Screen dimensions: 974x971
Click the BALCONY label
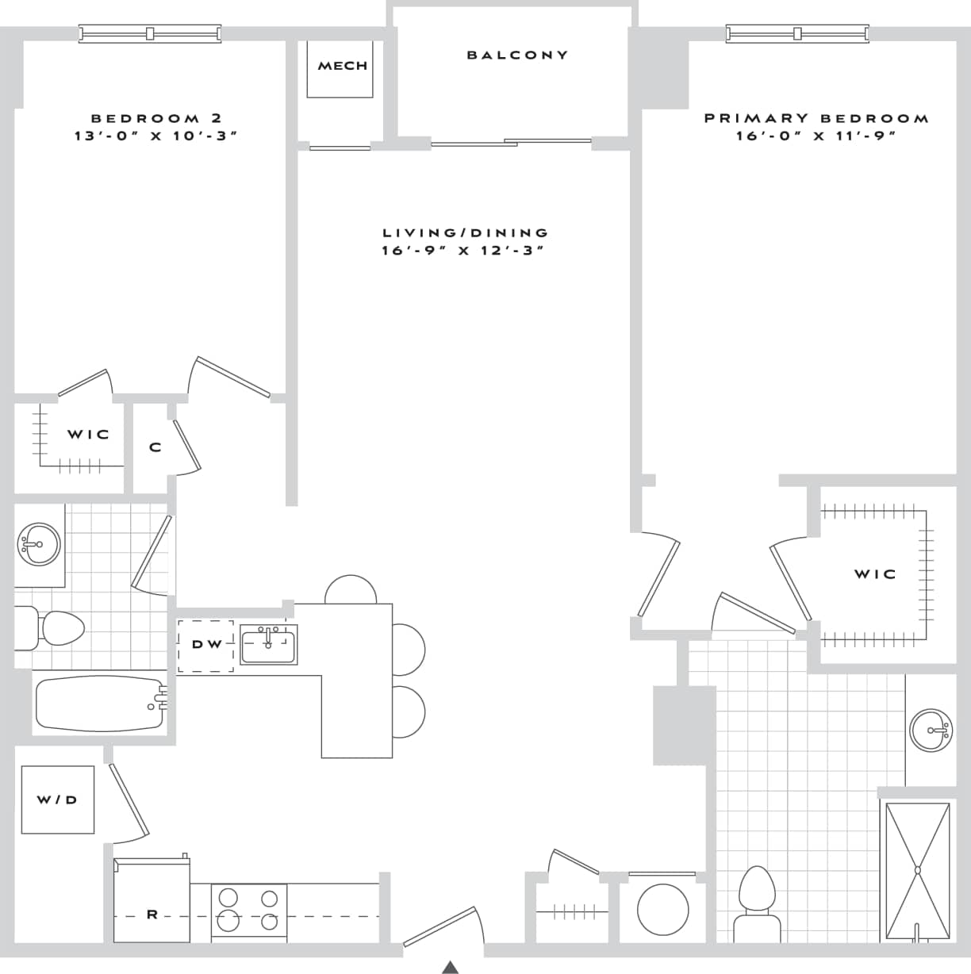click(x=517, y=55)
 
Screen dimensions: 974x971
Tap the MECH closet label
click(x=343, y=66)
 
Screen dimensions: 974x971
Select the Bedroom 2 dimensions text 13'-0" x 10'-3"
click(x=156, y=136)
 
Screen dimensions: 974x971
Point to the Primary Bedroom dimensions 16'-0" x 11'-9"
click(x=816, y=136)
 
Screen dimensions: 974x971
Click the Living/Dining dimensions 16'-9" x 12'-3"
click(x=464, y=251)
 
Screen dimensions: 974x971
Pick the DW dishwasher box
click(x=206, y=645)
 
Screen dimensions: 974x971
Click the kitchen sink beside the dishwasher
click(x=268, y=644)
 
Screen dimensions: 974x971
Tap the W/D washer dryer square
click(x=57, y=800)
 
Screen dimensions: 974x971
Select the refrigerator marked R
click(x=152, y=902)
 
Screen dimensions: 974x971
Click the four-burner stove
click(x=249, y=911)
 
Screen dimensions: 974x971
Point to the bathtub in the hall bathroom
click(x=99, y=703)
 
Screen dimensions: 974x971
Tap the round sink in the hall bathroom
click(x=38, y=545)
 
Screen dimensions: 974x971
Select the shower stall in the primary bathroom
click(x=917, y=871)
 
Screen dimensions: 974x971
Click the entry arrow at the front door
click(x=451, y=967)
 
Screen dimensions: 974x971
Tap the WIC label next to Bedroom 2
click(x=88, y=435)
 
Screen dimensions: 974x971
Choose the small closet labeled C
click(x=155, y=447)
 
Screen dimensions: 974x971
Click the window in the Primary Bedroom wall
click(x=797, y=33)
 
